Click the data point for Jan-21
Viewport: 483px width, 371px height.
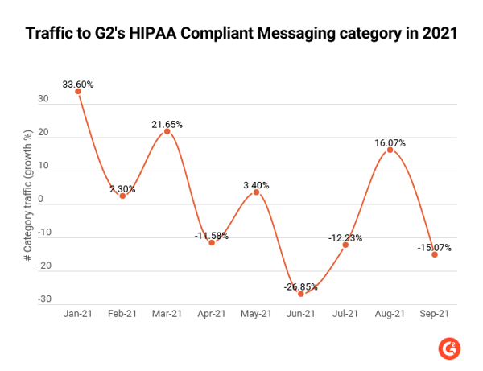coord(78,91)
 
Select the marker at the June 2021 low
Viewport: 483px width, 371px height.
coord(301,294)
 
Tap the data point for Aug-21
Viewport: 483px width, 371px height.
coord(390,150)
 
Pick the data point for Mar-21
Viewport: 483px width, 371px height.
coord(167,131)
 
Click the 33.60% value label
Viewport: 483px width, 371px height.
coord(78,82)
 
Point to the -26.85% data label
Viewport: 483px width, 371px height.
coord(301,285)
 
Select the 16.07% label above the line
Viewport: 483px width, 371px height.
coord(390,142)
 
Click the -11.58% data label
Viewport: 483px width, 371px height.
coord(212,235)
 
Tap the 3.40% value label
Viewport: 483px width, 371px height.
coord(256,184)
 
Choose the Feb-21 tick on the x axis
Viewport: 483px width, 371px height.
coord(122,315)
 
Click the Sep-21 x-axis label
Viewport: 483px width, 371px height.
coord(434,315)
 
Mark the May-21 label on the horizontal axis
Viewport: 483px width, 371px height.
coord(256,315)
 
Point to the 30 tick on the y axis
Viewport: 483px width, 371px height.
coord(43,100)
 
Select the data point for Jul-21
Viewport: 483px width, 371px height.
coord(345,245)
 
